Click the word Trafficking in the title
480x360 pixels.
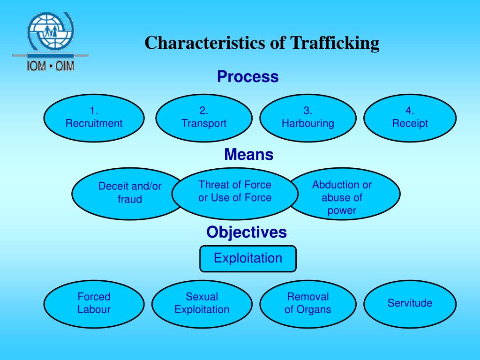pos(335,43)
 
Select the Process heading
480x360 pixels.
pos(248,76)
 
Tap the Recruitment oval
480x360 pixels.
pos(94,118)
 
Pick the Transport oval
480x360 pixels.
pos(204,118)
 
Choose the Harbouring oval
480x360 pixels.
pos(308,118)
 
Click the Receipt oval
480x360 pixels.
pos(410,118)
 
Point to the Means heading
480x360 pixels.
pos(248,154)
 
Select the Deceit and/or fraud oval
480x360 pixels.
pos(128,194)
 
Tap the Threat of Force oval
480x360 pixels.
pos(235,194)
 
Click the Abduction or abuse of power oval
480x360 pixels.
pos(344,194)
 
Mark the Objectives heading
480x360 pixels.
pos(247,232)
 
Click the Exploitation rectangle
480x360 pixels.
pos(248,259)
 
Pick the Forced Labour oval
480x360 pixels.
pos(94,304)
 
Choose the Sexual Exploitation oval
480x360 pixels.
pos(202,304)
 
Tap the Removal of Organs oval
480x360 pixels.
pos(308,304)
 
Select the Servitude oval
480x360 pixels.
pos(410,304)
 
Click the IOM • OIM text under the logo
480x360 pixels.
pos(51,66)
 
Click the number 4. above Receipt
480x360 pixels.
pos(410,110)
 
